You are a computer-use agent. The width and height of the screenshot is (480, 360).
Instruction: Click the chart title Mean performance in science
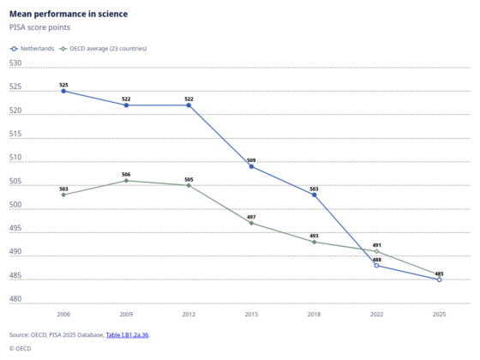[69, 14]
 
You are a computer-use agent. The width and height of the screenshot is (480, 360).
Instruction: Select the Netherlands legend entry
[32, 49]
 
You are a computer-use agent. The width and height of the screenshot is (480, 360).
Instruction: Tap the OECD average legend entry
[103, 49]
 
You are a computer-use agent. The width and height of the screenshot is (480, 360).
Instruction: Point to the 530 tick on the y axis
[15, 63]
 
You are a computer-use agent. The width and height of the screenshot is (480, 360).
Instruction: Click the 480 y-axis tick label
[15, 299]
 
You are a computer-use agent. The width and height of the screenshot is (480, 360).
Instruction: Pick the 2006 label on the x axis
[63, 315]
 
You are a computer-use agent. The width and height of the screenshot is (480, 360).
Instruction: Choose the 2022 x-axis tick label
[376, 315]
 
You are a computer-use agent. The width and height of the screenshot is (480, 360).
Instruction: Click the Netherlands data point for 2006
[63, 91]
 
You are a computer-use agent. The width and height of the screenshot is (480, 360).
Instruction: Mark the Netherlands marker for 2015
[251, 166]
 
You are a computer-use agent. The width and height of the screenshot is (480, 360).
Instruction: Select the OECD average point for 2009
[126, 181]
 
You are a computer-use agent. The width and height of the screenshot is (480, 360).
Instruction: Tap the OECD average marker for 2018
[314, 242]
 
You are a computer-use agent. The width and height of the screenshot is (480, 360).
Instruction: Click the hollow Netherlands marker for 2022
[376, 266]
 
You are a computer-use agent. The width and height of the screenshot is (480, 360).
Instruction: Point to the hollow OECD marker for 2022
[376, 251]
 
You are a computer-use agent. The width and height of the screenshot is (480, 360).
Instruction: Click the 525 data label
[63, 85]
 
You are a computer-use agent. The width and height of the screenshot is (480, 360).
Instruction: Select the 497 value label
[251, 217]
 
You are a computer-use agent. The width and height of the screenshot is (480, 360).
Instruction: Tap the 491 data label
[377, 245]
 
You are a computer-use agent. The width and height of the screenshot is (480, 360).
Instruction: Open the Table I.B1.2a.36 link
[127, 335]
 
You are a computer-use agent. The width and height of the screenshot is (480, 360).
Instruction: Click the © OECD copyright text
[21, 348]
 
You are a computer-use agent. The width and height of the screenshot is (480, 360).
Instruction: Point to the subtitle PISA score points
[39, 27]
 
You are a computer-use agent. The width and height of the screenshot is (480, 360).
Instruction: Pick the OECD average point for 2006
[63, 195]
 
